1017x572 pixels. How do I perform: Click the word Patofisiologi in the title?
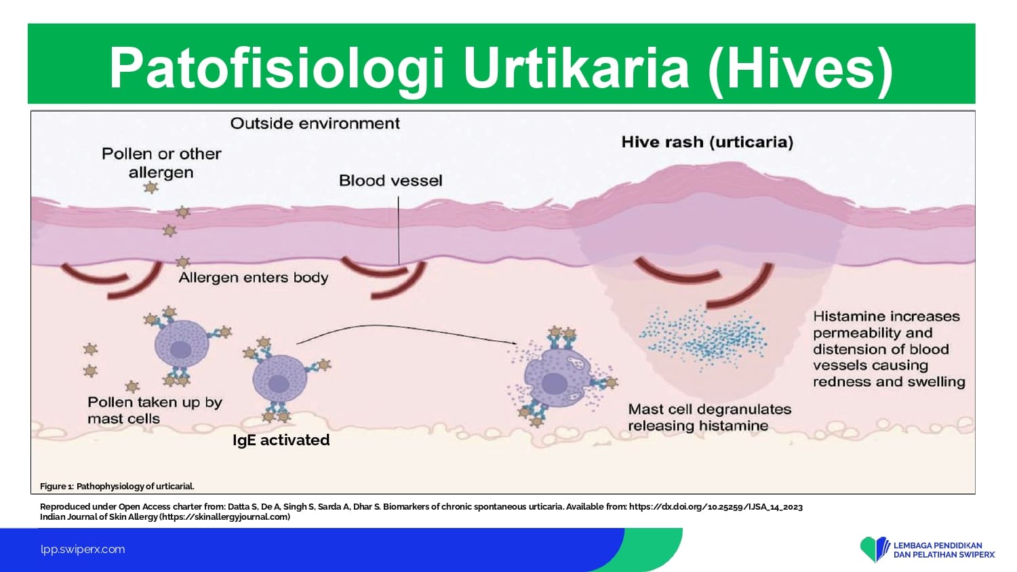[276, 67]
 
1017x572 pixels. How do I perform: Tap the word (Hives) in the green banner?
[800, 68]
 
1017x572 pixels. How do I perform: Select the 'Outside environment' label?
[315, 123]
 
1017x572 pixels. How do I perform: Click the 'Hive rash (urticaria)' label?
[707, 142]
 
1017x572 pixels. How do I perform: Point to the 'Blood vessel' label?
[391, 181]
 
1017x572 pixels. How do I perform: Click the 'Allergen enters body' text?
[254, 277]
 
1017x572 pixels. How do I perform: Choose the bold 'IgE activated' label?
[281, 440]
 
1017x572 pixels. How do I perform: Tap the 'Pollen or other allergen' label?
[161, 163]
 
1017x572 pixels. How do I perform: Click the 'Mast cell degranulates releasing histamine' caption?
[710, 417]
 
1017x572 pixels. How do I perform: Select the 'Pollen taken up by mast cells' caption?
[155, 411]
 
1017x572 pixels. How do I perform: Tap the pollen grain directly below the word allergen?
[151, 187]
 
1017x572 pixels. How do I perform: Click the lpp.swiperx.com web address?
[83, 550]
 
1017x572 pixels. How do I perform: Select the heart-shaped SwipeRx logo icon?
[874, 549]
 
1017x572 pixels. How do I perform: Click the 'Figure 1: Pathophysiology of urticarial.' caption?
[117, 486]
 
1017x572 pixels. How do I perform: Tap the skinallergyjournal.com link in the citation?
[224, 516]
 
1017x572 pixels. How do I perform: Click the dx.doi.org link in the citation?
[716, 507]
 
